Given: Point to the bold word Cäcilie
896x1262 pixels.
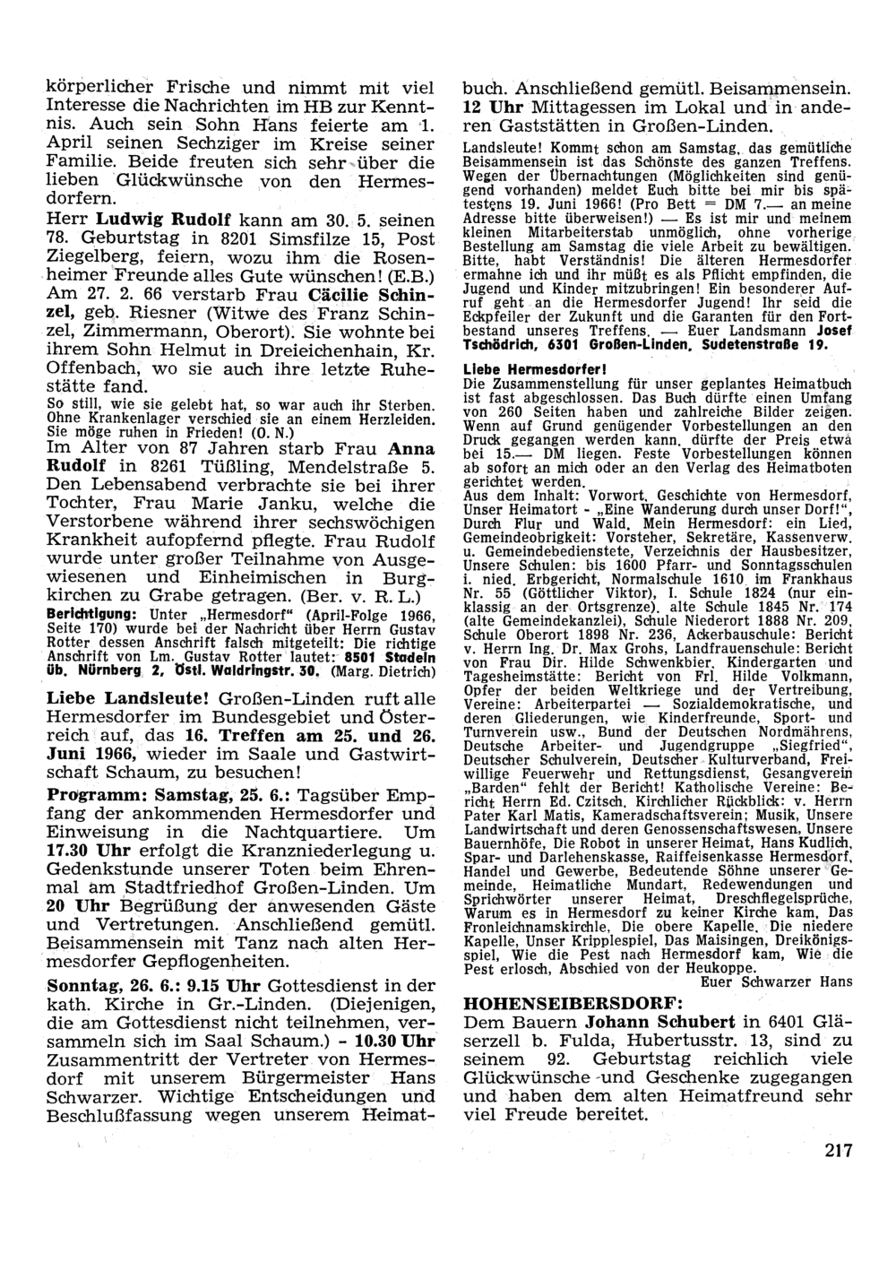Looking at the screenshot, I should [341, 295].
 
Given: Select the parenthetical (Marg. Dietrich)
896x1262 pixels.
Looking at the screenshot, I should [377, 670].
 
